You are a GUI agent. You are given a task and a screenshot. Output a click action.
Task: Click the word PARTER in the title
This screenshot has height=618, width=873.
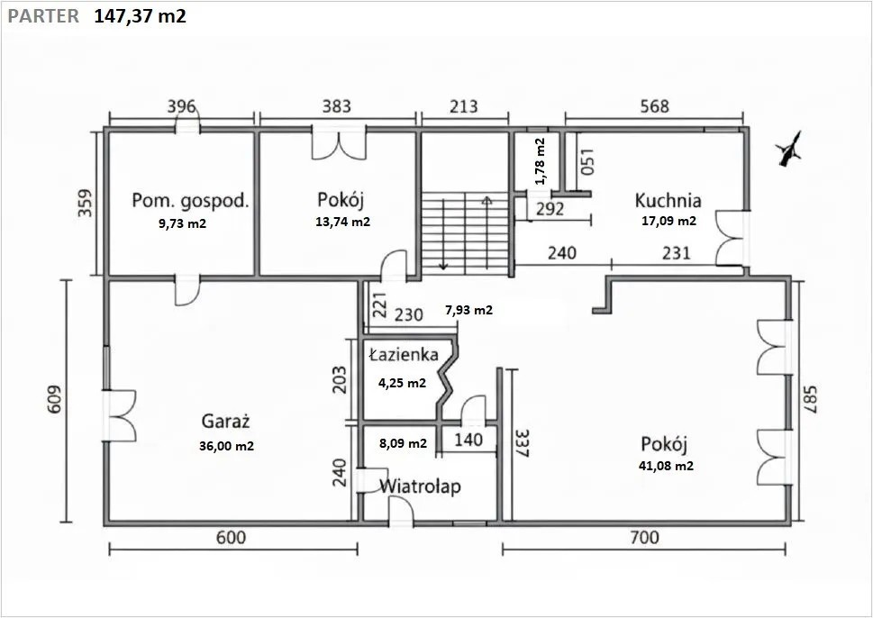(x=43, y=16)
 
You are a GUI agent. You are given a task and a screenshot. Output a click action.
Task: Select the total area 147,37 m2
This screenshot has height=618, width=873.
(x=140, y=16)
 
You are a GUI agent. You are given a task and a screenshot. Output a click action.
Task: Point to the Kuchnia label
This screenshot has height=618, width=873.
(x=668, y=200)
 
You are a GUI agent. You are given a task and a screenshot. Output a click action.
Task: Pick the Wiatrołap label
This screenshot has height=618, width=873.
(x=420, y=486)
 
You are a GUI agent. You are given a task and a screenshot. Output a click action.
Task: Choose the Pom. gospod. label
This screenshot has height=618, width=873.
(x=190, y=200)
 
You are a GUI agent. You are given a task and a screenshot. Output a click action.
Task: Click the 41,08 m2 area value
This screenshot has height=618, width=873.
(x=666, y=466)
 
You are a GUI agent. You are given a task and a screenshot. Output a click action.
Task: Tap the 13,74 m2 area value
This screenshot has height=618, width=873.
(x=342, y=222)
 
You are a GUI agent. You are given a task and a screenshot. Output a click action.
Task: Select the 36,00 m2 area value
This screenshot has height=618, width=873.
(x=226, y=446)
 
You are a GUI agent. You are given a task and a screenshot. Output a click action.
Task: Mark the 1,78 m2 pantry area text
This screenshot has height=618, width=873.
(x=540, y=161)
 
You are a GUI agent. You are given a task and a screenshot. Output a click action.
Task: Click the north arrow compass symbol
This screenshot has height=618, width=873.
(x=789, y=150)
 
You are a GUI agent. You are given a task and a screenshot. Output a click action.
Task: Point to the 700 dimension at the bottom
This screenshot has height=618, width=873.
(x=644, y=538)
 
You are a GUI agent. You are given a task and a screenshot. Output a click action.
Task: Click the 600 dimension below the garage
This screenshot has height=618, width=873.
(x=231, y=538)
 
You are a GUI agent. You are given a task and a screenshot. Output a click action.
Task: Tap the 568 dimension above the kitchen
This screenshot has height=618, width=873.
(x=654, y=105)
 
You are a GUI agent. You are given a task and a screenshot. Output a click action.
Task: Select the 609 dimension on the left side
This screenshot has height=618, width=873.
(x=54, y=400)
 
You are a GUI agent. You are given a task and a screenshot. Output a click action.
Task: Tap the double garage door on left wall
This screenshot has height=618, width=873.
(x=119, y=416)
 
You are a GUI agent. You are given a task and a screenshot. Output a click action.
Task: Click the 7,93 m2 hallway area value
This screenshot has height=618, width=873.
(x=468, y=310)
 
